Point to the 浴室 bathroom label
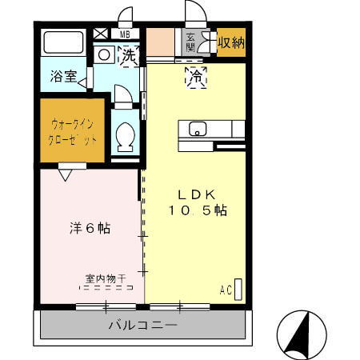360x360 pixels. click(63, 78)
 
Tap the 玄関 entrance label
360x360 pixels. click(191, 42)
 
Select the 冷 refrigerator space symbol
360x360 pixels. click(195, 77)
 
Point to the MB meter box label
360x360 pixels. click(125, 34)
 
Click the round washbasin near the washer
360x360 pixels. click(104, 55)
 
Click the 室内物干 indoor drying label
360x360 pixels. click(106, 278)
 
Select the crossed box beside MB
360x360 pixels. click(102, 34)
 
